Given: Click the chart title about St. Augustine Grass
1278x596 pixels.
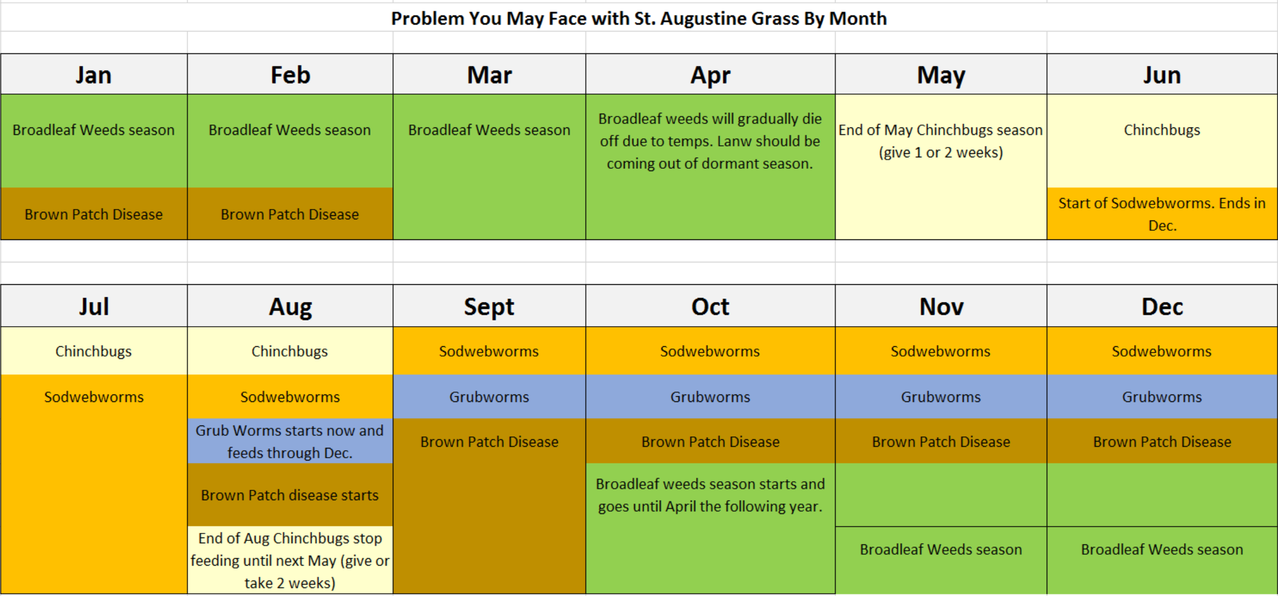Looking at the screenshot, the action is click(x=638, y=18).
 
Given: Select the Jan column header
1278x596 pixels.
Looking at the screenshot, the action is click(x=93, y=75).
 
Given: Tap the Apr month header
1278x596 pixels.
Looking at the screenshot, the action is click(x=710, y=75).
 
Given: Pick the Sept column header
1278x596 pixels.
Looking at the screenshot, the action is click(x=489, y=306).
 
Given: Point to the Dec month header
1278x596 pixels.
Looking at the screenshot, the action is click(x=1162, y=306).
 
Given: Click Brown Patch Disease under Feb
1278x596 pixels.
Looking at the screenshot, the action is click(x=290, y=214).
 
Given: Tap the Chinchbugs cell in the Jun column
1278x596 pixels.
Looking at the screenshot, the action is click(x=1162, y=141).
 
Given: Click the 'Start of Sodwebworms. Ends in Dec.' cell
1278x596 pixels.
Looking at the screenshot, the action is click(x=1162, y=214).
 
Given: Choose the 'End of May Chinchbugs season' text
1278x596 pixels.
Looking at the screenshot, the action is click(x=941, y=130).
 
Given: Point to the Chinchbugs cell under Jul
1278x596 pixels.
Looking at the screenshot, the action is click(x=93, y=351).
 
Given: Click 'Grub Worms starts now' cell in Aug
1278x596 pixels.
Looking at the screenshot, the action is click(x=290, y=441).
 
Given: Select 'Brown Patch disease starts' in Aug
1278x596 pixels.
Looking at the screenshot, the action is click(x=290, y=495).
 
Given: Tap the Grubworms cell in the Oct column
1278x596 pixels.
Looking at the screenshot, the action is click(x=710, y=397).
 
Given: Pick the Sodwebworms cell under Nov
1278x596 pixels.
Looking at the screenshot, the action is click(x=941, y=351).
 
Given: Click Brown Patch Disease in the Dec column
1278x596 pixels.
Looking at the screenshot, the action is click(x=1162, y=441).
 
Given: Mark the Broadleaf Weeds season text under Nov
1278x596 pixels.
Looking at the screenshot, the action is click(x=941, y=549).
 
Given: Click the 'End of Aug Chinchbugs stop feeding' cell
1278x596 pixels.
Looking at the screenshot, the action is click(x=290, y=560).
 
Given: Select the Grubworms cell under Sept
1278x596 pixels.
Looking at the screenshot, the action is click(x=489, y=397).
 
